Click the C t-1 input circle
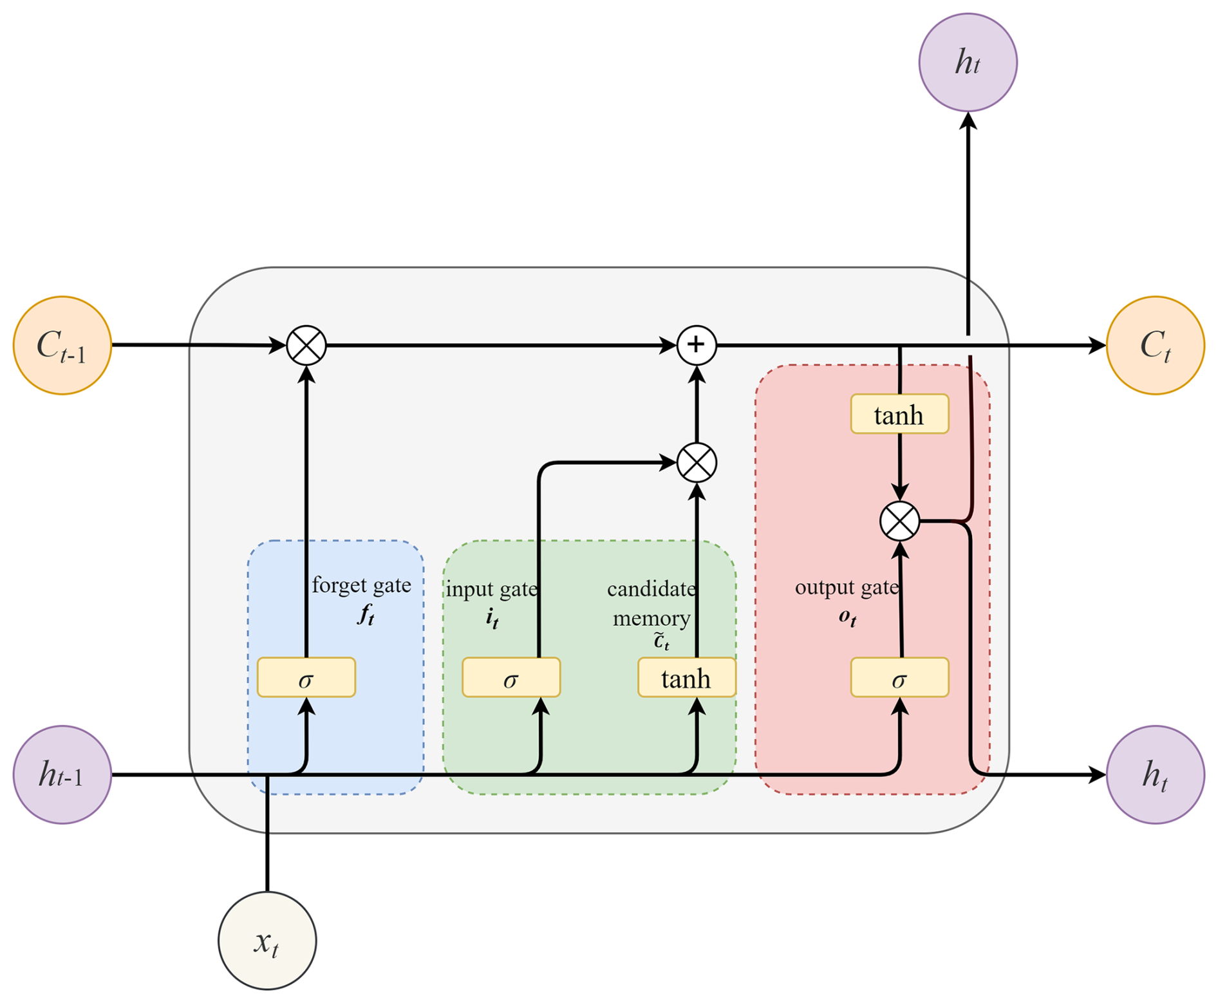click(x=62, y=345)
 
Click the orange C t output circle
click(x=1155, y=345)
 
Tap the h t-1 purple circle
click(x=62, y=774)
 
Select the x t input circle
click(x=267, y=941)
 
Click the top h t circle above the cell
click(x=968, y=62)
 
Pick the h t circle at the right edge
click(x=1155, y=774)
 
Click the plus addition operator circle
click(x=697, y=345)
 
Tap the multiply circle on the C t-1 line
click(x=306, y=345)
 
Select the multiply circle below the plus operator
click(x=697, y=462)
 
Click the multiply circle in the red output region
click(x=899, y=521)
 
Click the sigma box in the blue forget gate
click(x=306, y=677)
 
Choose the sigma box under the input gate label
click(x=511, y=677)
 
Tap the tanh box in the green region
click(x=686, y=677)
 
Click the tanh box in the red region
click(x=899, y=414)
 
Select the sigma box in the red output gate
click(x=899, y=677)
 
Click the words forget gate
click(x=361, y=585)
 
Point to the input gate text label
click(x=491, y=589)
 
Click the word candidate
click(x=651, y=589)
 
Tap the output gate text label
click(x=847, y=587)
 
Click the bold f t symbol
click(x=366, y=615)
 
